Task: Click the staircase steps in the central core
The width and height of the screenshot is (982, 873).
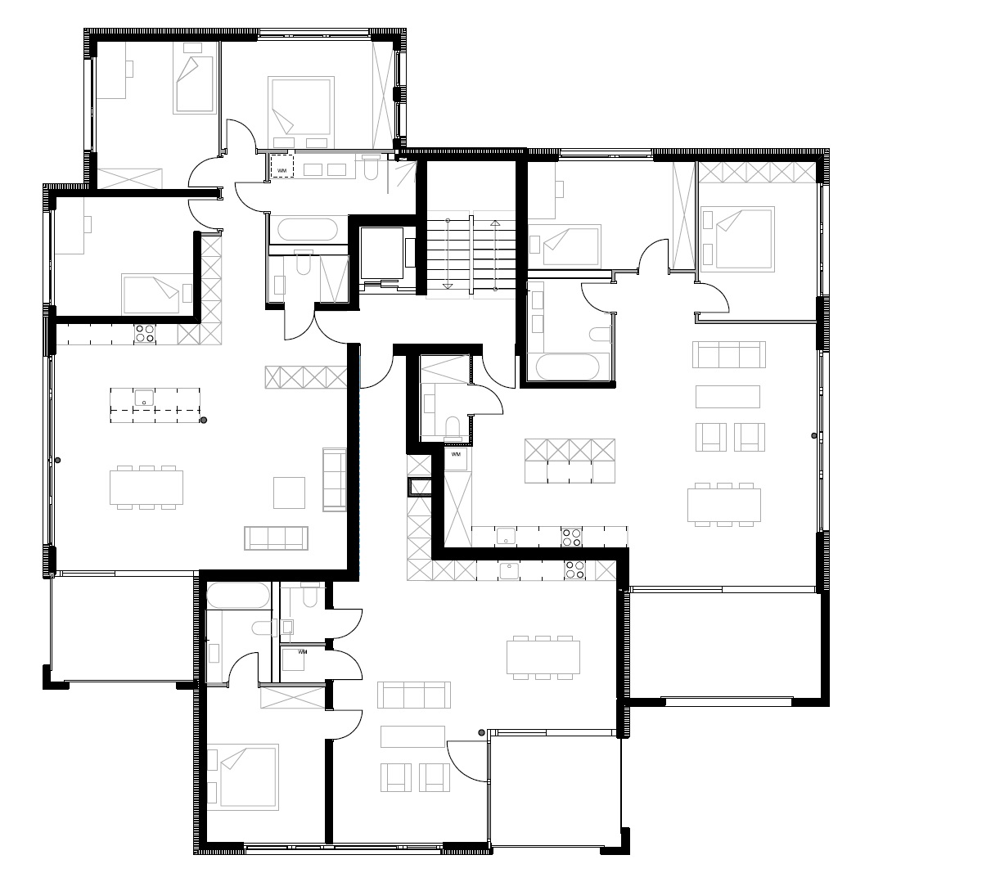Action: coord(471,255)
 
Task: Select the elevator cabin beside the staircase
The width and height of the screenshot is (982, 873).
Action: coord(382,253)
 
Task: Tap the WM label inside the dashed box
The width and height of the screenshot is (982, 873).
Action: coord(282,171)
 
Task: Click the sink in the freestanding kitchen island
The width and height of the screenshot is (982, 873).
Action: coord(144,398)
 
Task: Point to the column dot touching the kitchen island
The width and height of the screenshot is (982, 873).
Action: coord(204,420)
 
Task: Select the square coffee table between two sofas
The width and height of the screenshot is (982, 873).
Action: coord(290,493)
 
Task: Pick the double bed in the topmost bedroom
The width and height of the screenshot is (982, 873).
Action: coord(301,106)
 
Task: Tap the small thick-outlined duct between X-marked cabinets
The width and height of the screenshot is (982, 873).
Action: coord(420,487)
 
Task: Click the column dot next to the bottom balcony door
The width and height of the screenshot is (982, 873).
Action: coord(481,732)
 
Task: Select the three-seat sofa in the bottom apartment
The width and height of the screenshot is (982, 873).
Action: coord(414,695)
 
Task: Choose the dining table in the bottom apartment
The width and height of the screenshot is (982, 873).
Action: coord(543,657)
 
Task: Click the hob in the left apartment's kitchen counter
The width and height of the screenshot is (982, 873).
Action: coord(145,333)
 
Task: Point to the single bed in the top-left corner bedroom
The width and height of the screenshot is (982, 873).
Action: coord(195,85)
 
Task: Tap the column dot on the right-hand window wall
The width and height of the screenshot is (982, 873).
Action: coord(813,435)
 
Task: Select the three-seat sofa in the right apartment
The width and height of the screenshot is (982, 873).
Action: coord(729,354)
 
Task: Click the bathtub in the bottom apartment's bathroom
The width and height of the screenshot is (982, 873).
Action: coord(238,596)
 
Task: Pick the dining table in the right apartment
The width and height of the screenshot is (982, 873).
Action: coord(724,505)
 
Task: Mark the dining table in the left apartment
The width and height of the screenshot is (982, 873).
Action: coord(146,487)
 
